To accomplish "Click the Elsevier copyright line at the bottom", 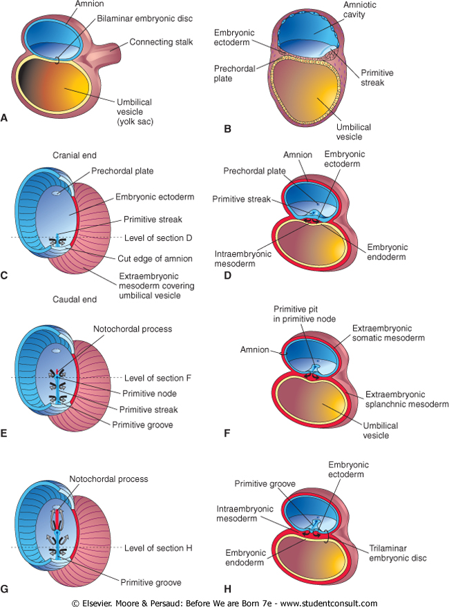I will click(224, 601).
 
